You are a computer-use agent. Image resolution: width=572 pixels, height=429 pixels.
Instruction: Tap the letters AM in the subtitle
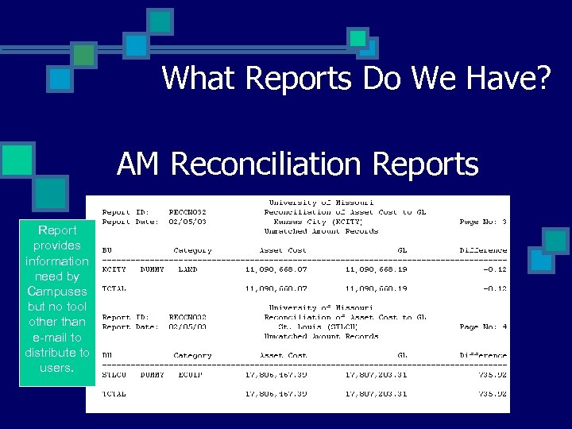coord(139,164)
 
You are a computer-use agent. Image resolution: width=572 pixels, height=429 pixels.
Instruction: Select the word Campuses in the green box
coord(56,291)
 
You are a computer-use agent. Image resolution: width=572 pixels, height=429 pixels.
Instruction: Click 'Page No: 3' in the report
coord(483,222)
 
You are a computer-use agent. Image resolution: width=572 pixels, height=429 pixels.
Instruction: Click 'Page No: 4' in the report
coord(483,327)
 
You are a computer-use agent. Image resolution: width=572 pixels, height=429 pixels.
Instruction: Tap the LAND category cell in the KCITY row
coord(188,269)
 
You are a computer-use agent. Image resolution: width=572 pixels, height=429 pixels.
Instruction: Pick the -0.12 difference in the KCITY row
coord(494,269)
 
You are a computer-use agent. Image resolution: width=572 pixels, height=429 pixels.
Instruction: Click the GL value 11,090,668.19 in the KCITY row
coord(376,269)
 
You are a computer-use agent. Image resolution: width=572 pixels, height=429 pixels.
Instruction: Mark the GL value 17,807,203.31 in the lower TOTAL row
coord(376,393)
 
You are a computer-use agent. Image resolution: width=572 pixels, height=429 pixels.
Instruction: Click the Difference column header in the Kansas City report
coord(483,250)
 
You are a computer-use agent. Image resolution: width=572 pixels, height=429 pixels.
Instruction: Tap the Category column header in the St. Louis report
coord(192,355)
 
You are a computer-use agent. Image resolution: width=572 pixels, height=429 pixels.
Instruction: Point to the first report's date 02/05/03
coord(187,222)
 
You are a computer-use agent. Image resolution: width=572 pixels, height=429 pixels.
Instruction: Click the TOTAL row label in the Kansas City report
coord(114,288)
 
